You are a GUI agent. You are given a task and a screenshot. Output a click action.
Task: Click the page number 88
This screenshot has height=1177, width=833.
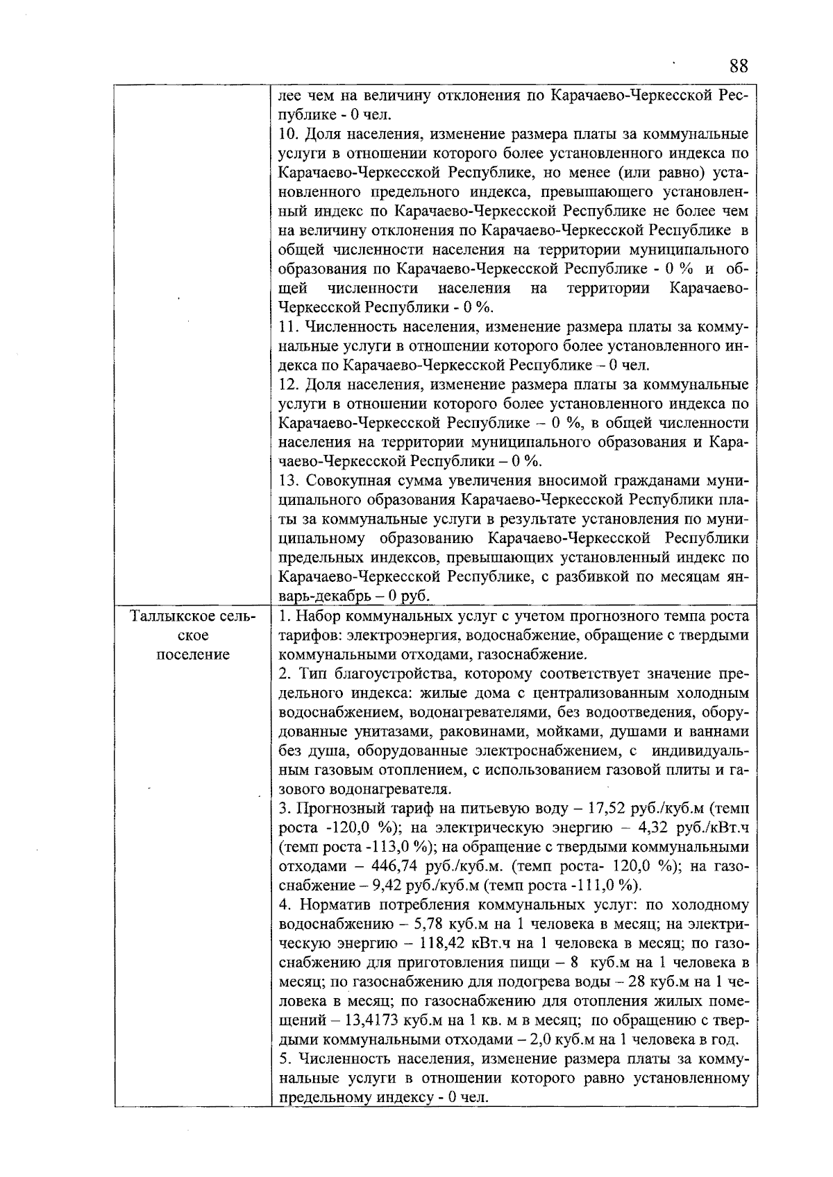coord(739,67)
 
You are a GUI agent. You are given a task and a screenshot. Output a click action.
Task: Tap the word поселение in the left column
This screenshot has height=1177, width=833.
coord(194,655)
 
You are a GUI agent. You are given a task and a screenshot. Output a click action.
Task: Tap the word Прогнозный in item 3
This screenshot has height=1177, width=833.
coord(338,809)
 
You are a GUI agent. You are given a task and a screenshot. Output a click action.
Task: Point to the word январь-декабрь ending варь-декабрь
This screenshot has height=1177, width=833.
coord(323,596)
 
